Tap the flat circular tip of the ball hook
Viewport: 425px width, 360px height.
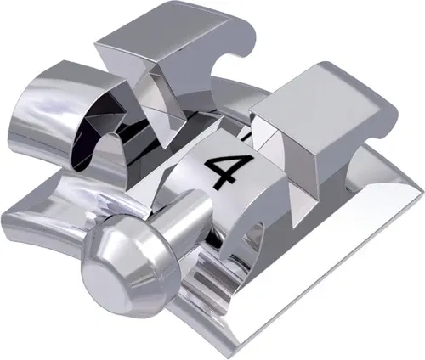(x=104, y=273)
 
